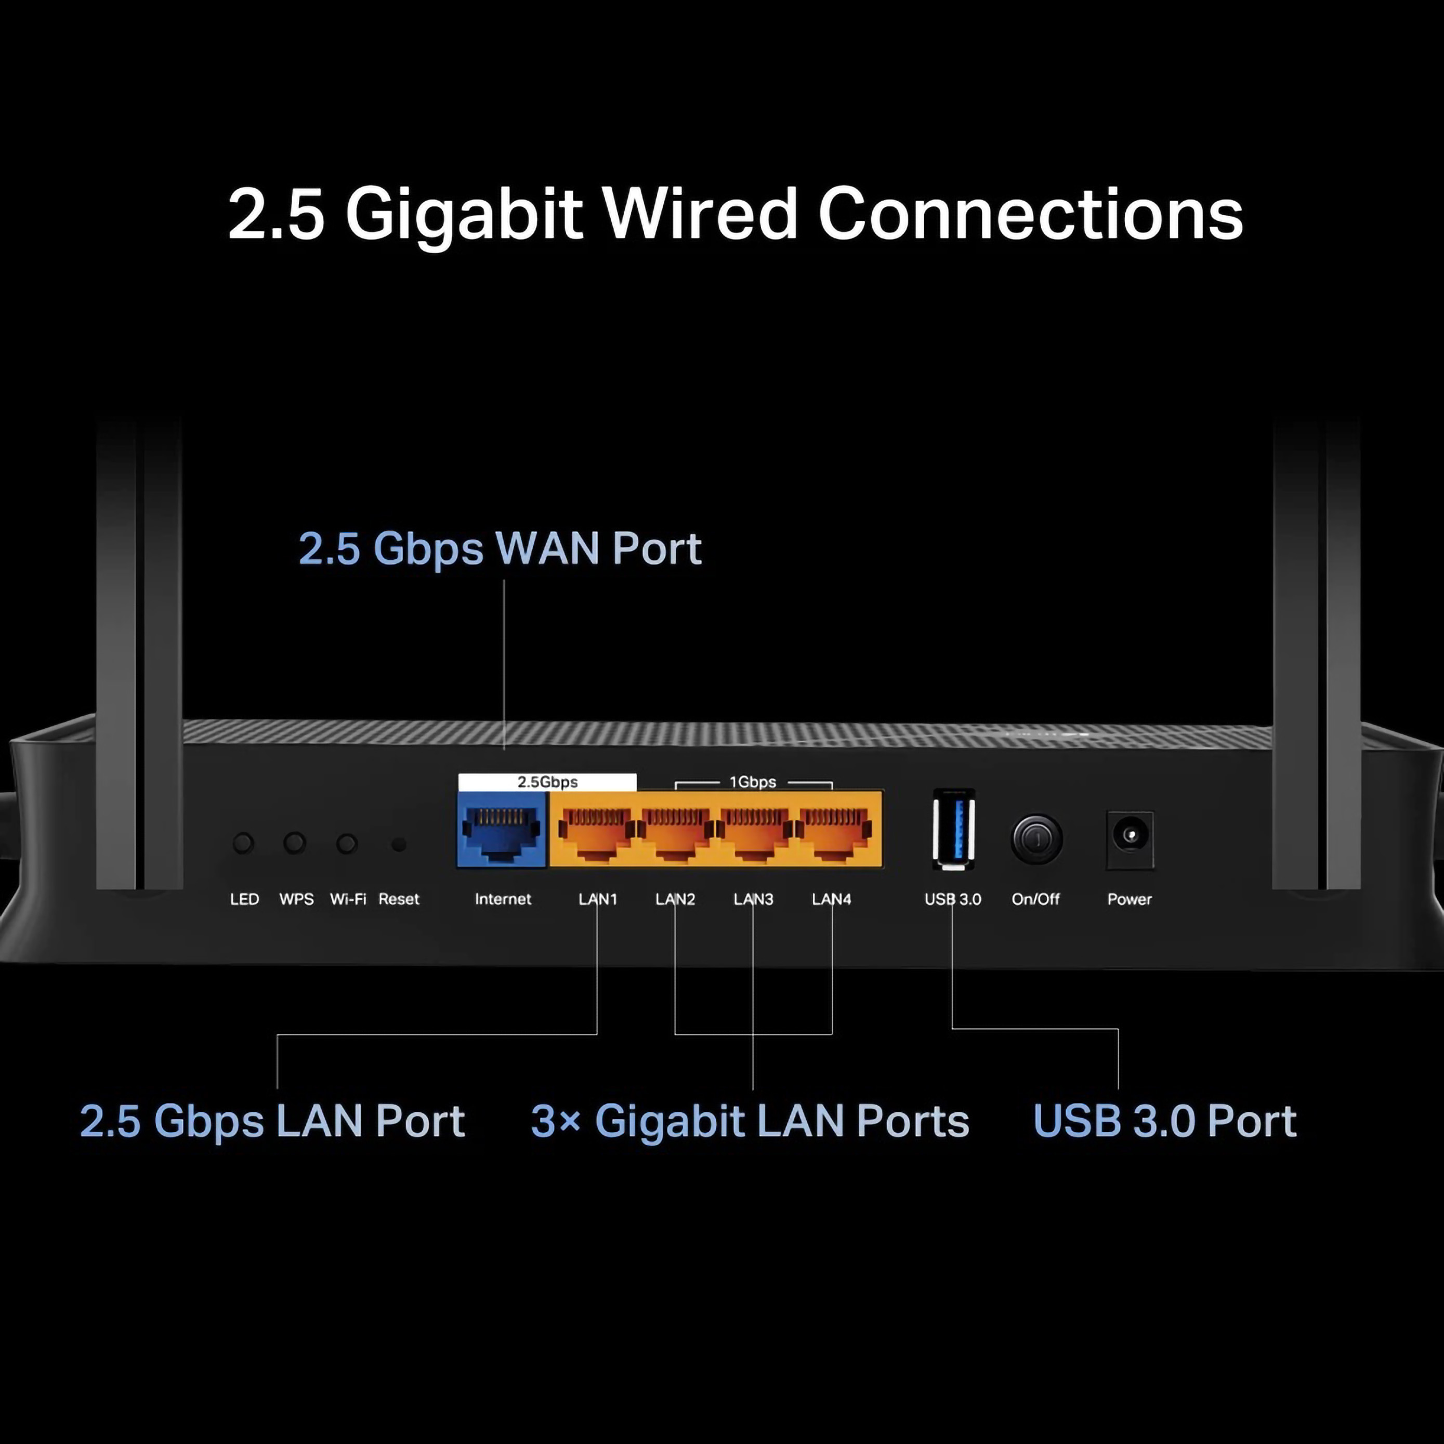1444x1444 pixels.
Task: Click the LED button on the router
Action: pos(243,843)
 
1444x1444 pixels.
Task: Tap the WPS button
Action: pos(295,843)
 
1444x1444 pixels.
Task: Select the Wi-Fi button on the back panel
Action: pos(347,844)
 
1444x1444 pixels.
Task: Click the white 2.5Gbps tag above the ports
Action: pos(547,782)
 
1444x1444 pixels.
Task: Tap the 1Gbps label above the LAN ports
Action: pos(753,782)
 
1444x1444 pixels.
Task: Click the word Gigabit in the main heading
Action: pos(463,215)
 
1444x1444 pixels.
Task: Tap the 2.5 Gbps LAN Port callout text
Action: pos(272,1121)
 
